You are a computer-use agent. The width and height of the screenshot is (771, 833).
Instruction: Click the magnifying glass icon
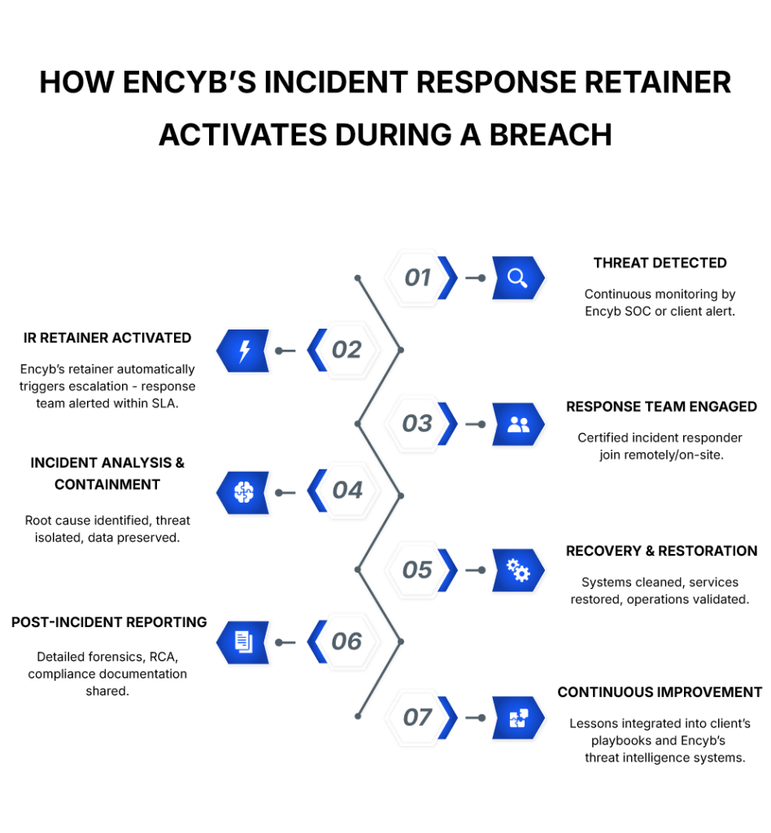click(516, 278)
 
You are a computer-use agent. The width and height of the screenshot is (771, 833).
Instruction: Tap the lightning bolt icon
click(244, 351)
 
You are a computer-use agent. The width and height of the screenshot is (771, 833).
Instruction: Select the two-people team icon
click(518, 424)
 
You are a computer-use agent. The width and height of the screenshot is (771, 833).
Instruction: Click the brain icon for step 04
click(244, 492)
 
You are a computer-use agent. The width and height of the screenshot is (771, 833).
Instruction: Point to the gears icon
click(518, 570)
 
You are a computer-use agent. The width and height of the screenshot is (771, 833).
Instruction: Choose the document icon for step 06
click(244, 642)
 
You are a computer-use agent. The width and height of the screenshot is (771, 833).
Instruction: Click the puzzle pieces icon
click(519, 717)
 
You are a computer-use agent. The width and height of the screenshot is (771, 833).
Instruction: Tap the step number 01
click(417, 277)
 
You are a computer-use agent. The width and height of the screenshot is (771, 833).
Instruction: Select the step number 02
click(346, 350)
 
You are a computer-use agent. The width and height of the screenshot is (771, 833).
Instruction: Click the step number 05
click(417, 570)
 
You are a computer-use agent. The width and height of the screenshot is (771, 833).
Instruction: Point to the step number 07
click(417, 717)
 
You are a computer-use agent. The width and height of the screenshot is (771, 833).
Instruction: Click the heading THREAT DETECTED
click(660, 263)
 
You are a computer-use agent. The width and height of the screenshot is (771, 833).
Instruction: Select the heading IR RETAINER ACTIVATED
click(107, 338)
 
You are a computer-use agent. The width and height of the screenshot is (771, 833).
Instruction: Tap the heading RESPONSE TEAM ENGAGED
click(661, 407)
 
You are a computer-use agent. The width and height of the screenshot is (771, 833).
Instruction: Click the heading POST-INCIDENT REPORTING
click(109, 622)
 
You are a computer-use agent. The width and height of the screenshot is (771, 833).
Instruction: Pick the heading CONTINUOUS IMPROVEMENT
click(660, 692)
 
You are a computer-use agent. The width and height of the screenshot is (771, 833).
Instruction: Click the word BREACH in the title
click(551, 134)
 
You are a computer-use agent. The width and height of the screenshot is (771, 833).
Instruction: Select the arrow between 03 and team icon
click(475, 425)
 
